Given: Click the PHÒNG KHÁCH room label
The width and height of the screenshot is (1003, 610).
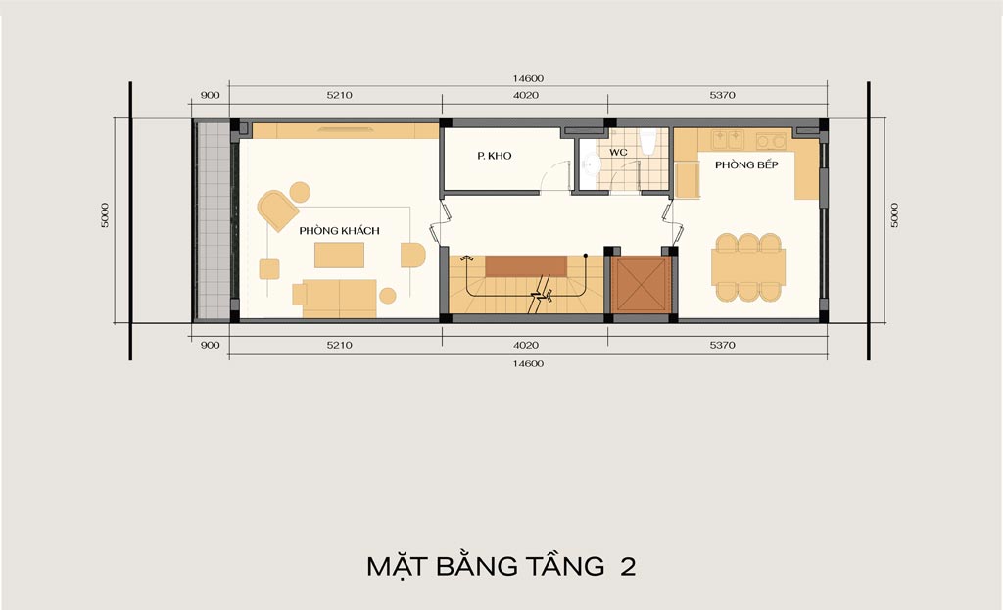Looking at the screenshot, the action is point(339,231).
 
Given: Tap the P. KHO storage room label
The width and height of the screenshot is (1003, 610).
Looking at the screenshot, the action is point(495,156).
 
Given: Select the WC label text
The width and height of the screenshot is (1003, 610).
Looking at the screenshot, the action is point(618,152).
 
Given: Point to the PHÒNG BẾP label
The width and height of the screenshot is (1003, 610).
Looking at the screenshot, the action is point(746,164).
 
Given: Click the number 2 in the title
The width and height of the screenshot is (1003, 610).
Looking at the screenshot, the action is point(628,567).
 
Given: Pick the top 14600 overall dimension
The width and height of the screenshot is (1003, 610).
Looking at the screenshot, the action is point(528,78).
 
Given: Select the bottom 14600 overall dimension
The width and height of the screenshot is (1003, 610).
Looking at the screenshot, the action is point(528,363).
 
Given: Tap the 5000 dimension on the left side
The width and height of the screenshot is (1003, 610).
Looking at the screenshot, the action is point(105,214).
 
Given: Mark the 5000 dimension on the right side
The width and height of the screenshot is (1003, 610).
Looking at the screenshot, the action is point(894,214).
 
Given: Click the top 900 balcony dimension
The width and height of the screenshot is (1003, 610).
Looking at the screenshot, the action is point(210,95).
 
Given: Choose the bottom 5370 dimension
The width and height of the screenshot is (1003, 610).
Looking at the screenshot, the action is point(722,345).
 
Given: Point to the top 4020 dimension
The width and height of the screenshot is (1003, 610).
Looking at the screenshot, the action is point(526,95).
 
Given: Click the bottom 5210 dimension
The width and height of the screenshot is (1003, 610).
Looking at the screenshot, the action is point(339,345).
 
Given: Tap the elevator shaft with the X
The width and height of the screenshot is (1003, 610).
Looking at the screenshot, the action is point(641,285).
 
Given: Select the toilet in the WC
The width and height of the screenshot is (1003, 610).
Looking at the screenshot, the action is point(648,140).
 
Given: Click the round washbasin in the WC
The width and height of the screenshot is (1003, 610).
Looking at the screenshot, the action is point(589,164).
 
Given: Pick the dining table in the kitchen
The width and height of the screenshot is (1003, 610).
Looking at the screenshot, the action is point(748,267).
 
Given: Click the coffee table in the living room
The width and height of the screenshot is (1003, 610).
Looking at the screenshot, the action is point(339,256).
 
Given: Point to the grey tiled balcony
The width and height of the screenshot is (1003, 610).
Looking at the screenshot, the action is point(213,219).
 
